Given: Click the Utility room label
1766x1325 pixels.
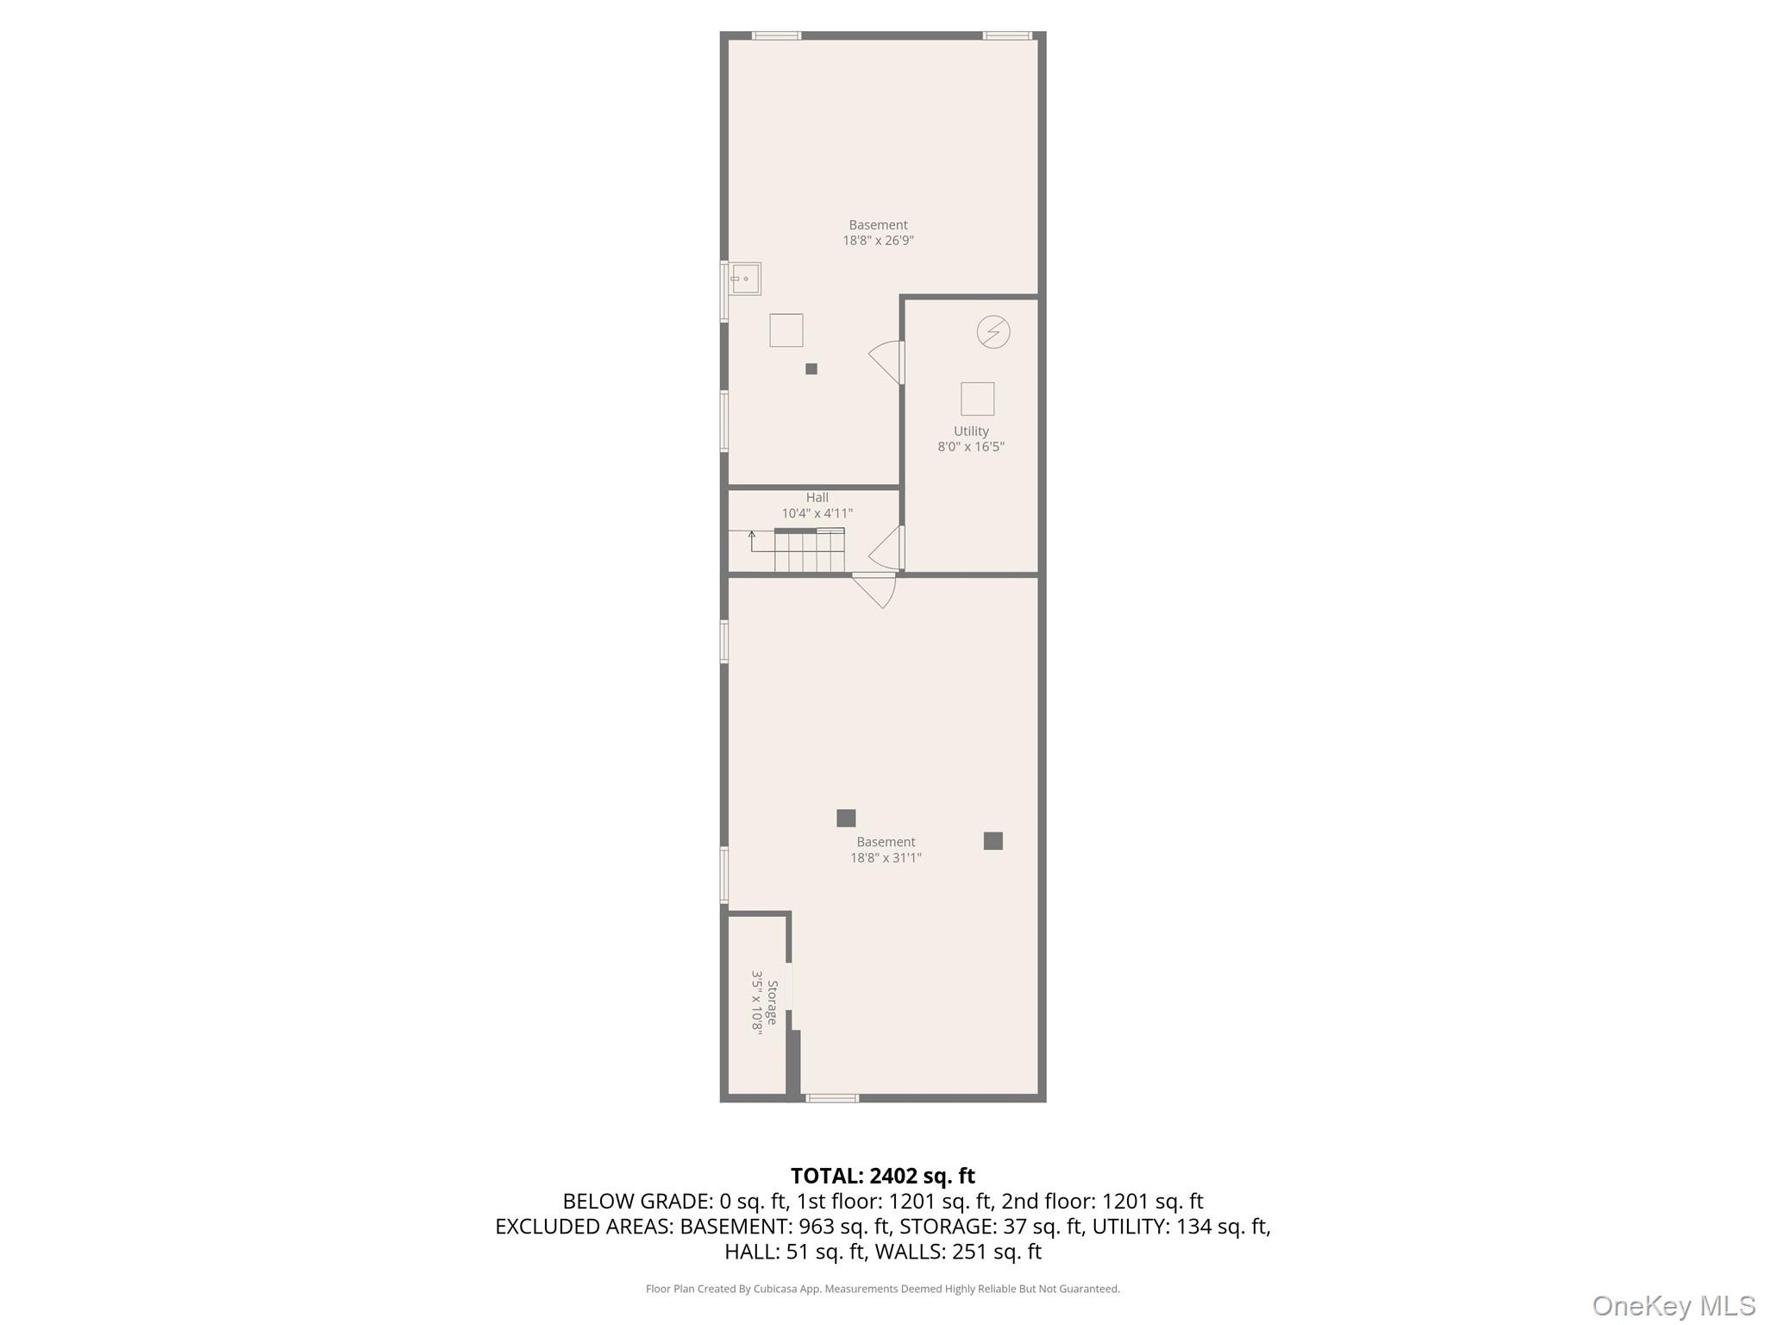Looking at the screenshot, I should [x=971, y=431].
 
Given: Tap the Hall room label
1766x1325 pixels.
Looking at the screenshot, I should [x=817, y=498].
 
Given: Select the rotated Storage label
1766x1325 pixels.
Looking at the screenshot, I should [x=773, y=1002].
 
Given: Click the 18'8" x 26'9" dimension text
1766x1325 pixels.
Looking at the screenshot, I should [x=878, y=241].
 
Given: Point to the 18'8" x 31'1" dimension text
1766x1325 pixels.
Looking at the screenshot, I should [x=886, y=857].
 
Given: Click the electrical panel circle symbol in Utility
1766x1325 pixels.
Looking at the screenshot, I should [x=993, y=332].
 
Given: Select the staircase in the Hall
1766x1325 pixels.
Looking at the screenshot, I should [x=808, y=551].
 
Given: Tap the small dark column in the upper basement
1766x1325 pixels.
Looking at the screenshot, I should [x=811, y=369].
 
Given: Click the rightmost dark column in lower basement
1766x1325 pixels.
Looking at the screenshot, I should [x=993, y=841].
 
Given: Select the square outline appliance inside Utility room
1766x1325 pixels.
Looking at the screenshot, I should [x=977, y=399].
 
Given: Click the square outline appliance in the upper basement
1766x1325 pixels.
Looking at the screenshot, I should [x=786, y=330].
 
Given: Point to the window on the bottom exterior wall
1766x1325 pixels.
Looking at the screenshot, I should [x=832, y=1098].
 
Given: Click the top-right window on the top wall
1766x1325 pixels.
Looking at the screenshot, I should [x=1006, y=35].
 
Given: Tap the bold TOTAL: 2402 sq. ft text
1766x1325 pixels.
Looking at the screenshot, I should [x=882, y=1176].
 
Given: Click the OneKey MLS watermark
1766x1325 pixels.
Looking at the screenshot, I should [x=1673, y=1305].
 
